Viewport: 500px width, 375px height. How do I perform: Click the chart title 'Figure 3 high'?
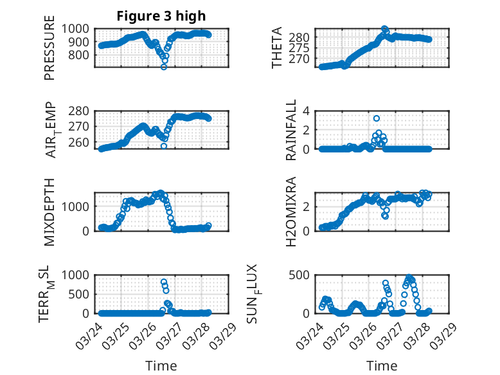(x=161, y=16)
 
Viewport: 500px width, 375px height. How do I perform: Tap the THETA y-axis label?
(x=277, y=48)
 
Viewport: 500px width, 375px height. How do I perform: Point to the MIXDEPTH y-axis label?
(x=49, y=212)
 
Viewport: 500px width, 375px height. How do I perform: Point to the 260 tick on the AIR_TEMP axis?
(x=82, y=142)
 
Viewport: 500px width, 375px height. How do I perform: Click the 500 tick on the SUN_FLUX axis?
(x=304, y=275)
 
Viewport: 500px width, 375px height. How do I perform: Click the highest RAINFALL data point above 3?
(x=376, y=118)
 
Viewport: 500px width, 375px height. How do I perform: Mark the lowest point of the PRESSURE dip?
(x=163, y=67)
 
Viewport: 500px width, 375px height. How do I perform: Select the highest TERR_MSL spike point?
(x=163, y=282)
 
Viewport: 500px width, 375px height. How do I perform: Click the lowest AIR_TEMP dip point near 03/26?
(x=163, y=146)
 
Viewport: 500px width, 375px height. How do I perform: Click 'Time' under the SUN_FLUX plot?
(x=382, y=366)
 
